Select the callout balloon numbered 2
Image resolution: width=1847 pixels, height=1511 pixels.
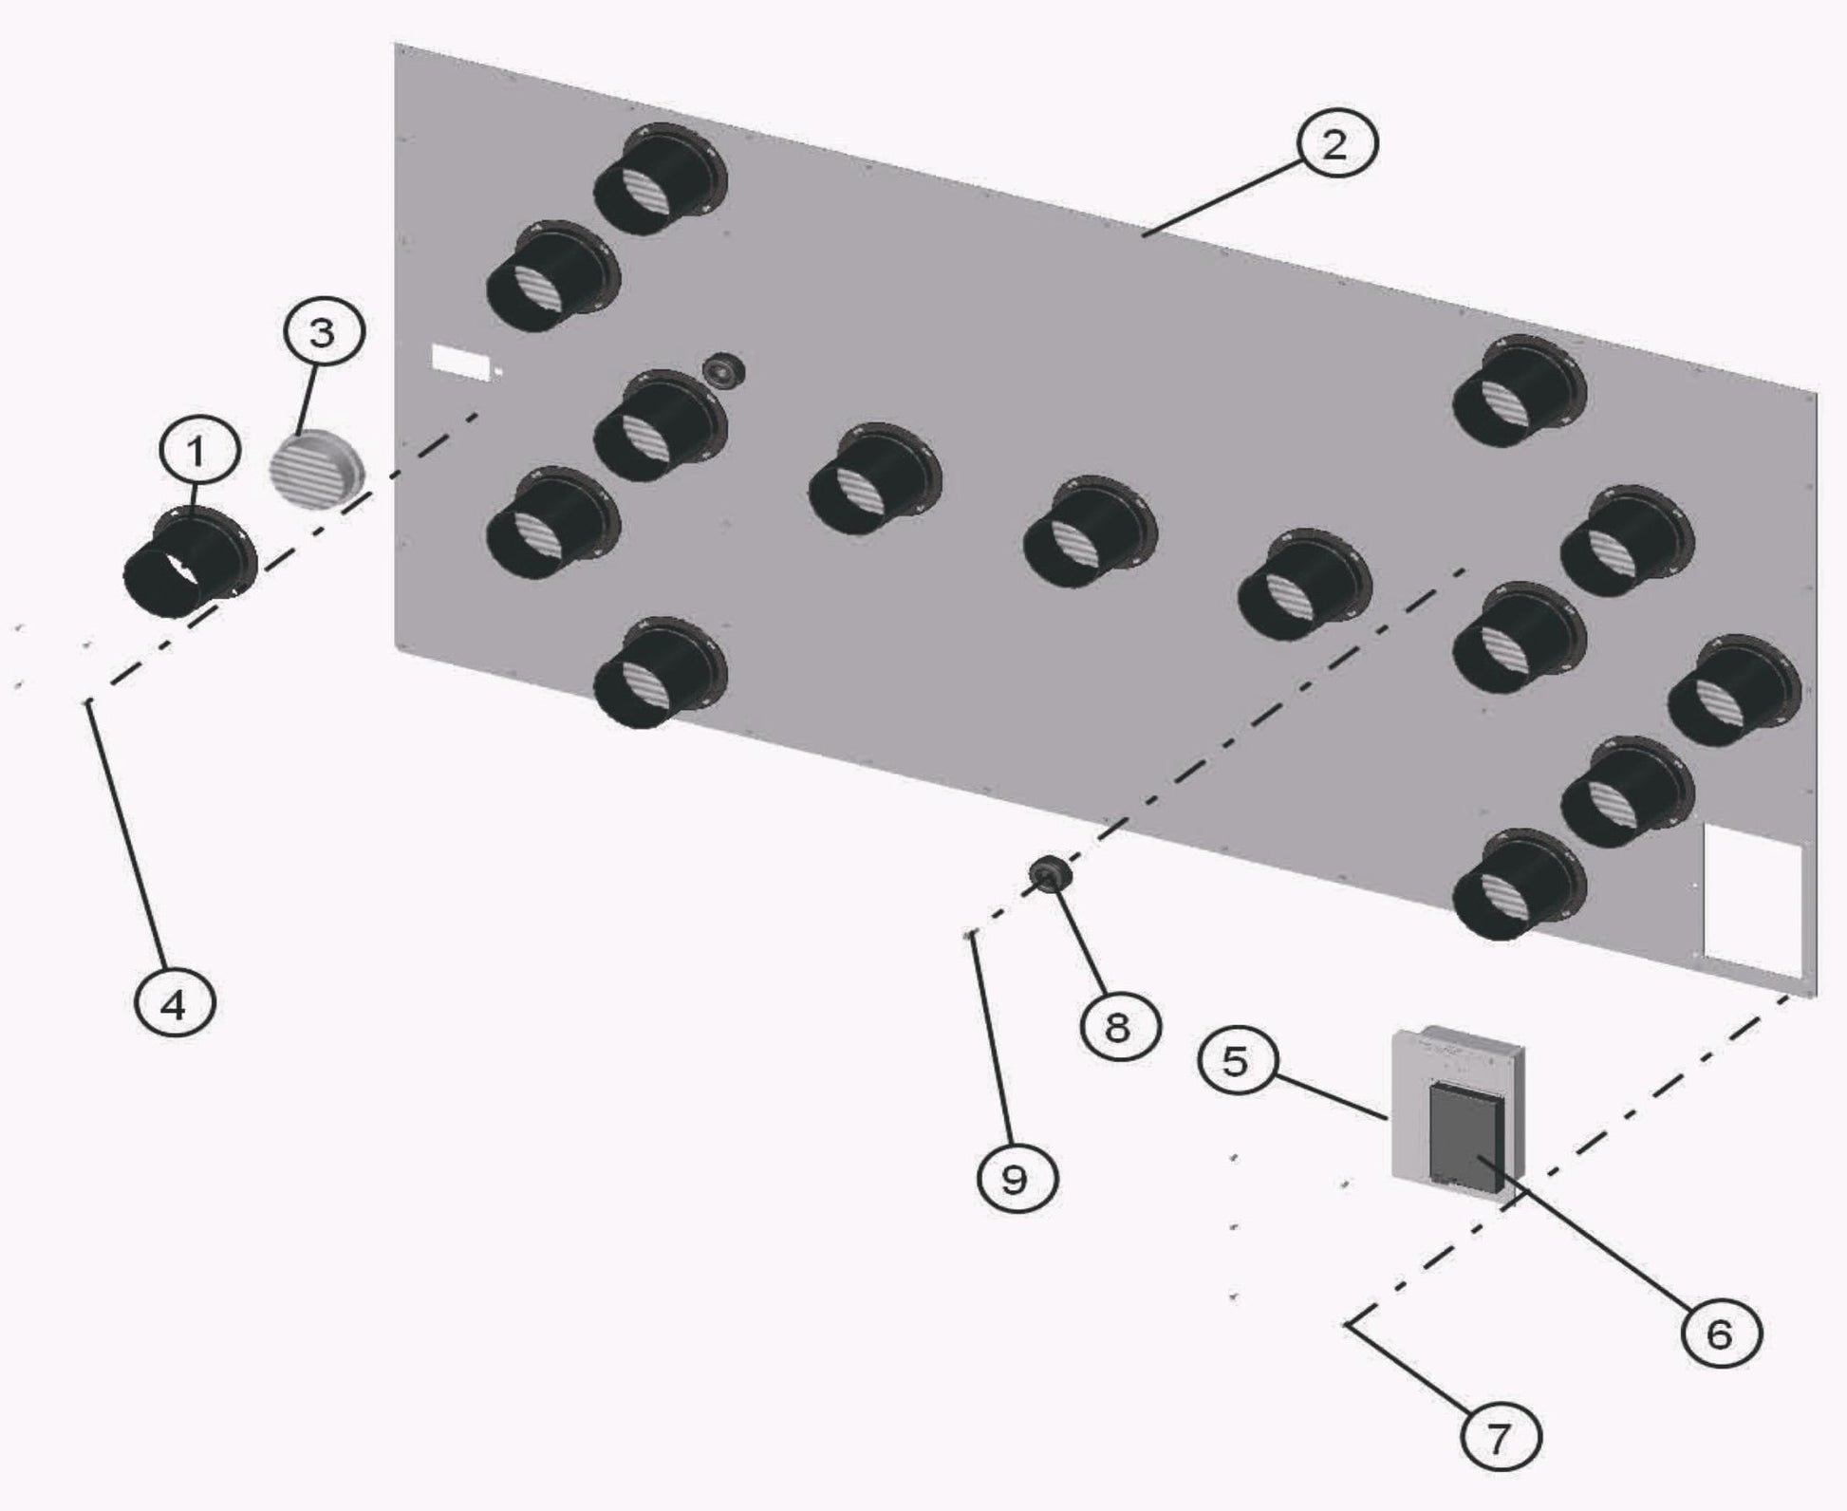[1334, 145]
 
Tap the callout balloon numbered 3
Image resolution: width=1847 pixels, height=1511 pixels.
[323, 332]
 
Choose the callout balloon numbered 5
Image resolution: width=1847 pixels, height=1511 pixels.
[1235, 1060]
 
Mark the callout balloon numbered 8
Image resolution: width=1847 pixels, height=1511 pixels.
[1119, 1025]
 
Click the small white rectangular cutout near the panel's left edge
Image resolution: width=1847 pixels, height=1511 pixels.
[460, 362]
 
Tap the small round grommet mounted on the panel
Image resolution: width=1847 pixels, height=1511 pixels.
[723, 370]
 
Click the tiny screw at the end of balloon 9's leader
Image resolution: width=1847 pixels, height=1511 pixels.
[967, 935]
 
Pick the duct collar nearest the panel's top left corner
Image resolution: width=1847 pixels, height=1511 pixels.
[661, 178]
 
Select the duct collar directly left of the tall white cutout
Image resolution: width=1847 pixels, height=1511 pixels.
[1519, 883]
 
